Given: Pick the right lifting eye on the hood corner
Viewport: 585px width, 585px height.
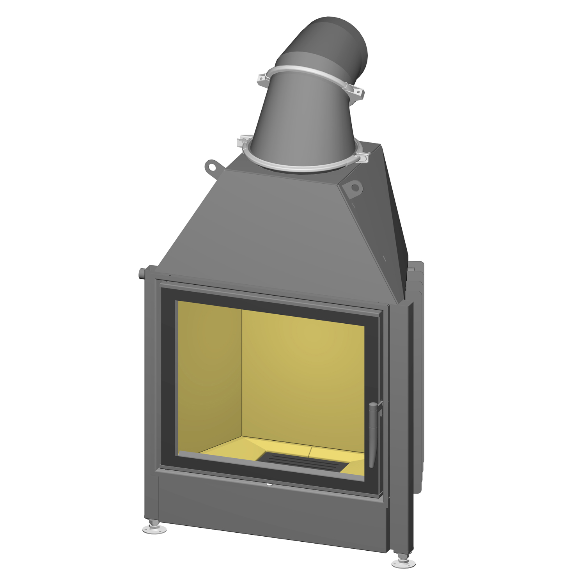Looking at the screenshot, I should pyautogui.click(x=355, y=188).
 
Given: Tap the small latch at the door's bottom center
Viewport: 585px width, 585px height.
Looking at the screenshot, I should pyautogui.click(x=269, y=485).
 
